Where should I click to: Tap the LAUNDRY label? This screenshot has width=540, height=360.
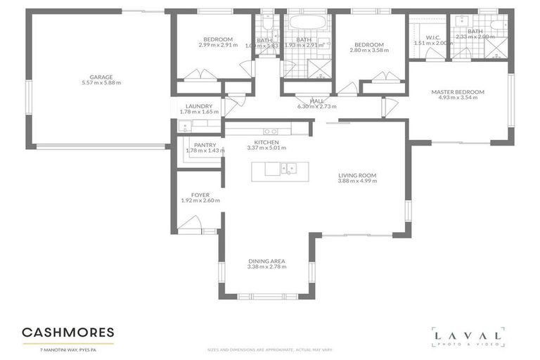(199, 106)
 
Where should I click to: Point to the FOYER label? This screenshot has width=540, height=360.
(200, 195)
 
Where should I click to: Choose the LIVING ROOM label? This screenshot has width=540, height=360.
(357, 175)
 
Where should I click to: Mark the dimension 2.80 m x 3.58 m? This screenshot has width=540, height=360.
(369, 51)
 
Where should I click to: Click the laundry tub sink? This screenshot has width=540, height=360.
(185, 127)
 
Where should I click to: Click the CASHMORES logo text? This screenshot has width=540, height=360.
(67, 331)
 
